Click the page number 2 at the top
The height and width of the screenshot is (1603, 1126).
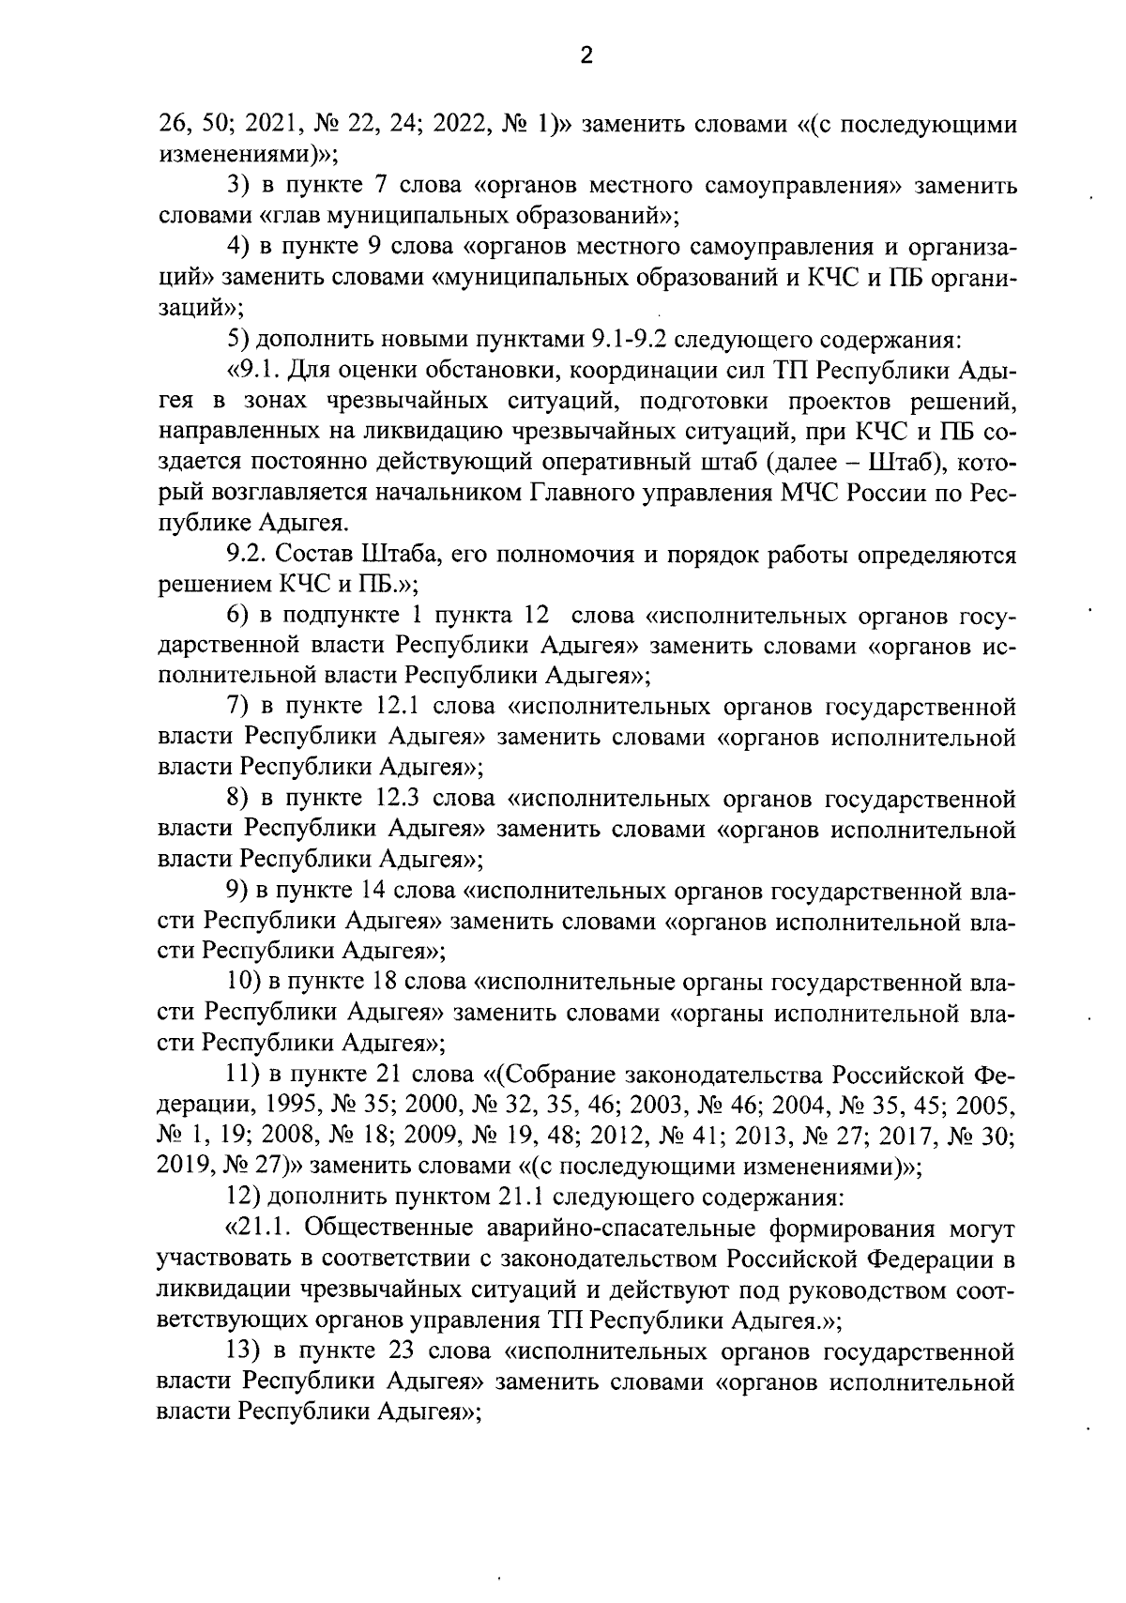click(x=586, y=57)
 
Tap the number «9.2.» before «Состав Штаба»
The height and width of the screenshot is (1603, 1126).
click(x=247, y=556)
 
